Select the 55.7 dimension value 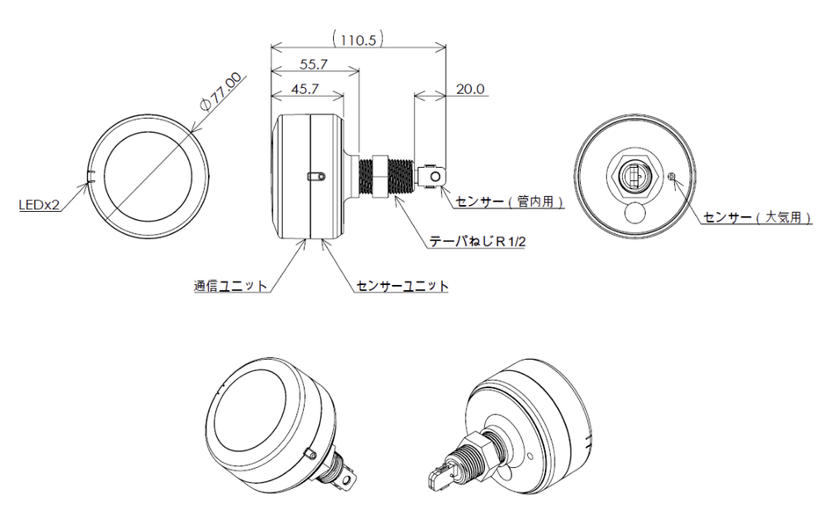[314, 64]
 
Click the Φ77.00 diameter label [221, 92]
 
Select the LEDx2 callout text [40, 206]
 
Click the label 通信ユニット [230, 286]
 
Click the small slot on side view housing [315, 177]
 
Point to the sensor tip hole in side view [436, 178]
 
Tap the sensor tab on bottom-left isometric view [351, 478]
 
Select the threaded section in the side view [405, 175]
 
